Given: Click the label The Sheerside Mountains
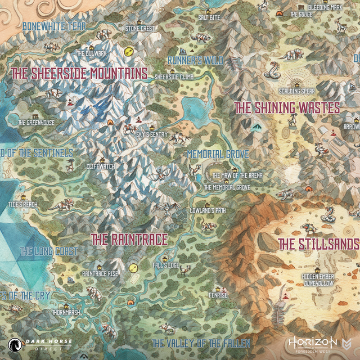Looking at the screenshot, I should tap(79, 73).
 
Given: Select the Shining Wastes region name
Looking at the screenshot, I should tap(287, 108).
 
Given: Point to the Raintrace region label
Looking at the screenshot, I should tap(129, 240).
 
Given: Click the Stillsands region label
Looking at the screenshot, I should tap(318, 244).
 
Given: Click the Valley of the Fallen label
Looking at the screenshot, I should tap(201, 343).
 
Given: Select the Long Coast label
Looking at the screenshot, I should tap(49, 251).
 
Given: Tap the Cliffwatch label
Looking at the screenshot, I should tap(100, 166).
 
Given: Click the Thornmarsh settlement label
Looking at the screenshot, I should tap(65, 312).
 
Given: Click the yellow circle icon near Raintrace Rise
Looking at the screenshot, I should tap(133, 268).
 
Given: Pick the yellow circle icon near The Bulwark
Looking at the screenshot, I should tap(128, 51).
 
